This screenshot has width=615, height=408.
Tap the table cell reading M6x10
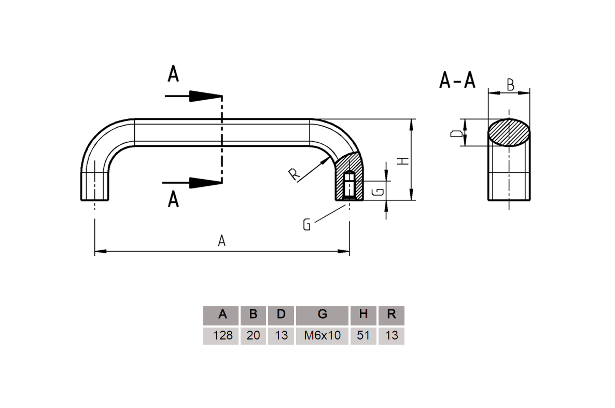point(322,335)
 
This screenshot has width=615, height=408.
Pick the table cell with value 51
point(364,335)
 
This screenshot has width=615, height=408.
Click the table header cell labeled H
point(364,315)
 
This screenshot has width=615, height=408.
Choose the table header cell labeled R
point(392,315)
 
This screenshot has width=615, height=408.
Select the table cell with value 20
point(253,335)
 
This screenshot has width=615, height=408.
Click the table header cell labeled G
point(322,315)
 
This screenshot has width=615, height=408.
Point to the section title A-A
point(457,80)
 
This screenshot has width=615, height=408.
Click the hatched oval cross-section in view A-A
point(509,132)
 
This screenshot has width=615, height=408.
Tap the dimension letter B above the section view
point(510,85)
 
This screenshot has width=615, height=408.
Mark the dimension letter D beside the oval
point(456,133)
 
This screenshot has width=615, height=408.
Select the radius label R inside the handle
point(295,175)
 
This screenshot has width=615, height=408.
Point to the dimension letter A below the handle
point(222,241)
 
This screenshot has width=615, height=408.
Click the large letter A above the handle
point(173,74)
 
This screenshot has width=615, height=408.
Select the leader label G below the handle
point(307,225)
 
